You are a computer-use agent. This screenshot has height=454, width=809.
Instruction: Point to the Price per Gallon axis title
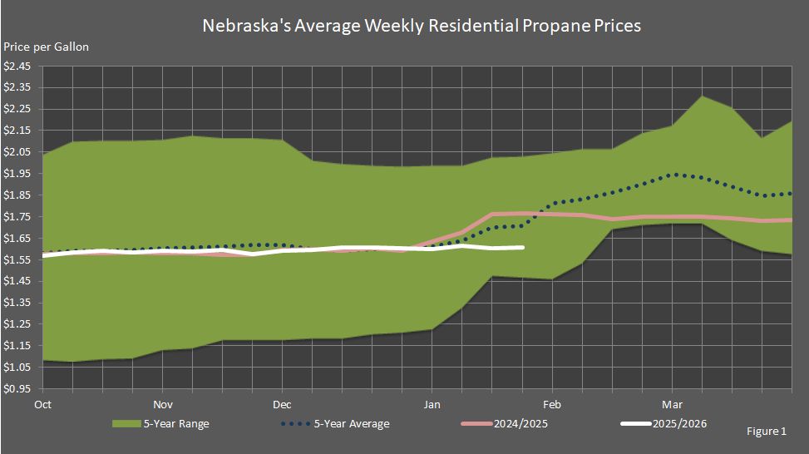[47, 47]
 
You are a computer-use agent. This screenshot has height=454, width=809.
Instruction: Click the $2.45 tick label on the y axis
[17, 66]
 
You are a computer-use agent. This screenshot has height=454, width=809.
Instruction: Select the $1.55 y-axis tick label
[17, 260]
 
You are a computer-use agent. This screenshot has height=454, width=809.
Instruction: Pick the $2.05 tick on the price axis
[17, 152]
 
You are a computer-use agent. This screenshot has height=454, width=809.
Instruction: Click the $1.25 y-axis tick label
[17, 324]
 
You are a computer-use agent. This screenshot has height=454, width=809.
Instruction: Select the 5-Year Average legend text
[351, 424]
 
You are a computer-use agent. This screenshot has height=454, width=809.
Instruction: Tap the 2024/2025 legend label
[520, 424]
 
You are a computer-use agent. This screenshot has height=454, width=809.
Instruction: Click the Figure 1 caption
[767, 432]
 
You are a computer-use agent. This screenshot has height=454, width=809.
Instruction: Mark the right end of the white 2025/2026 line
[522, 247]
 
